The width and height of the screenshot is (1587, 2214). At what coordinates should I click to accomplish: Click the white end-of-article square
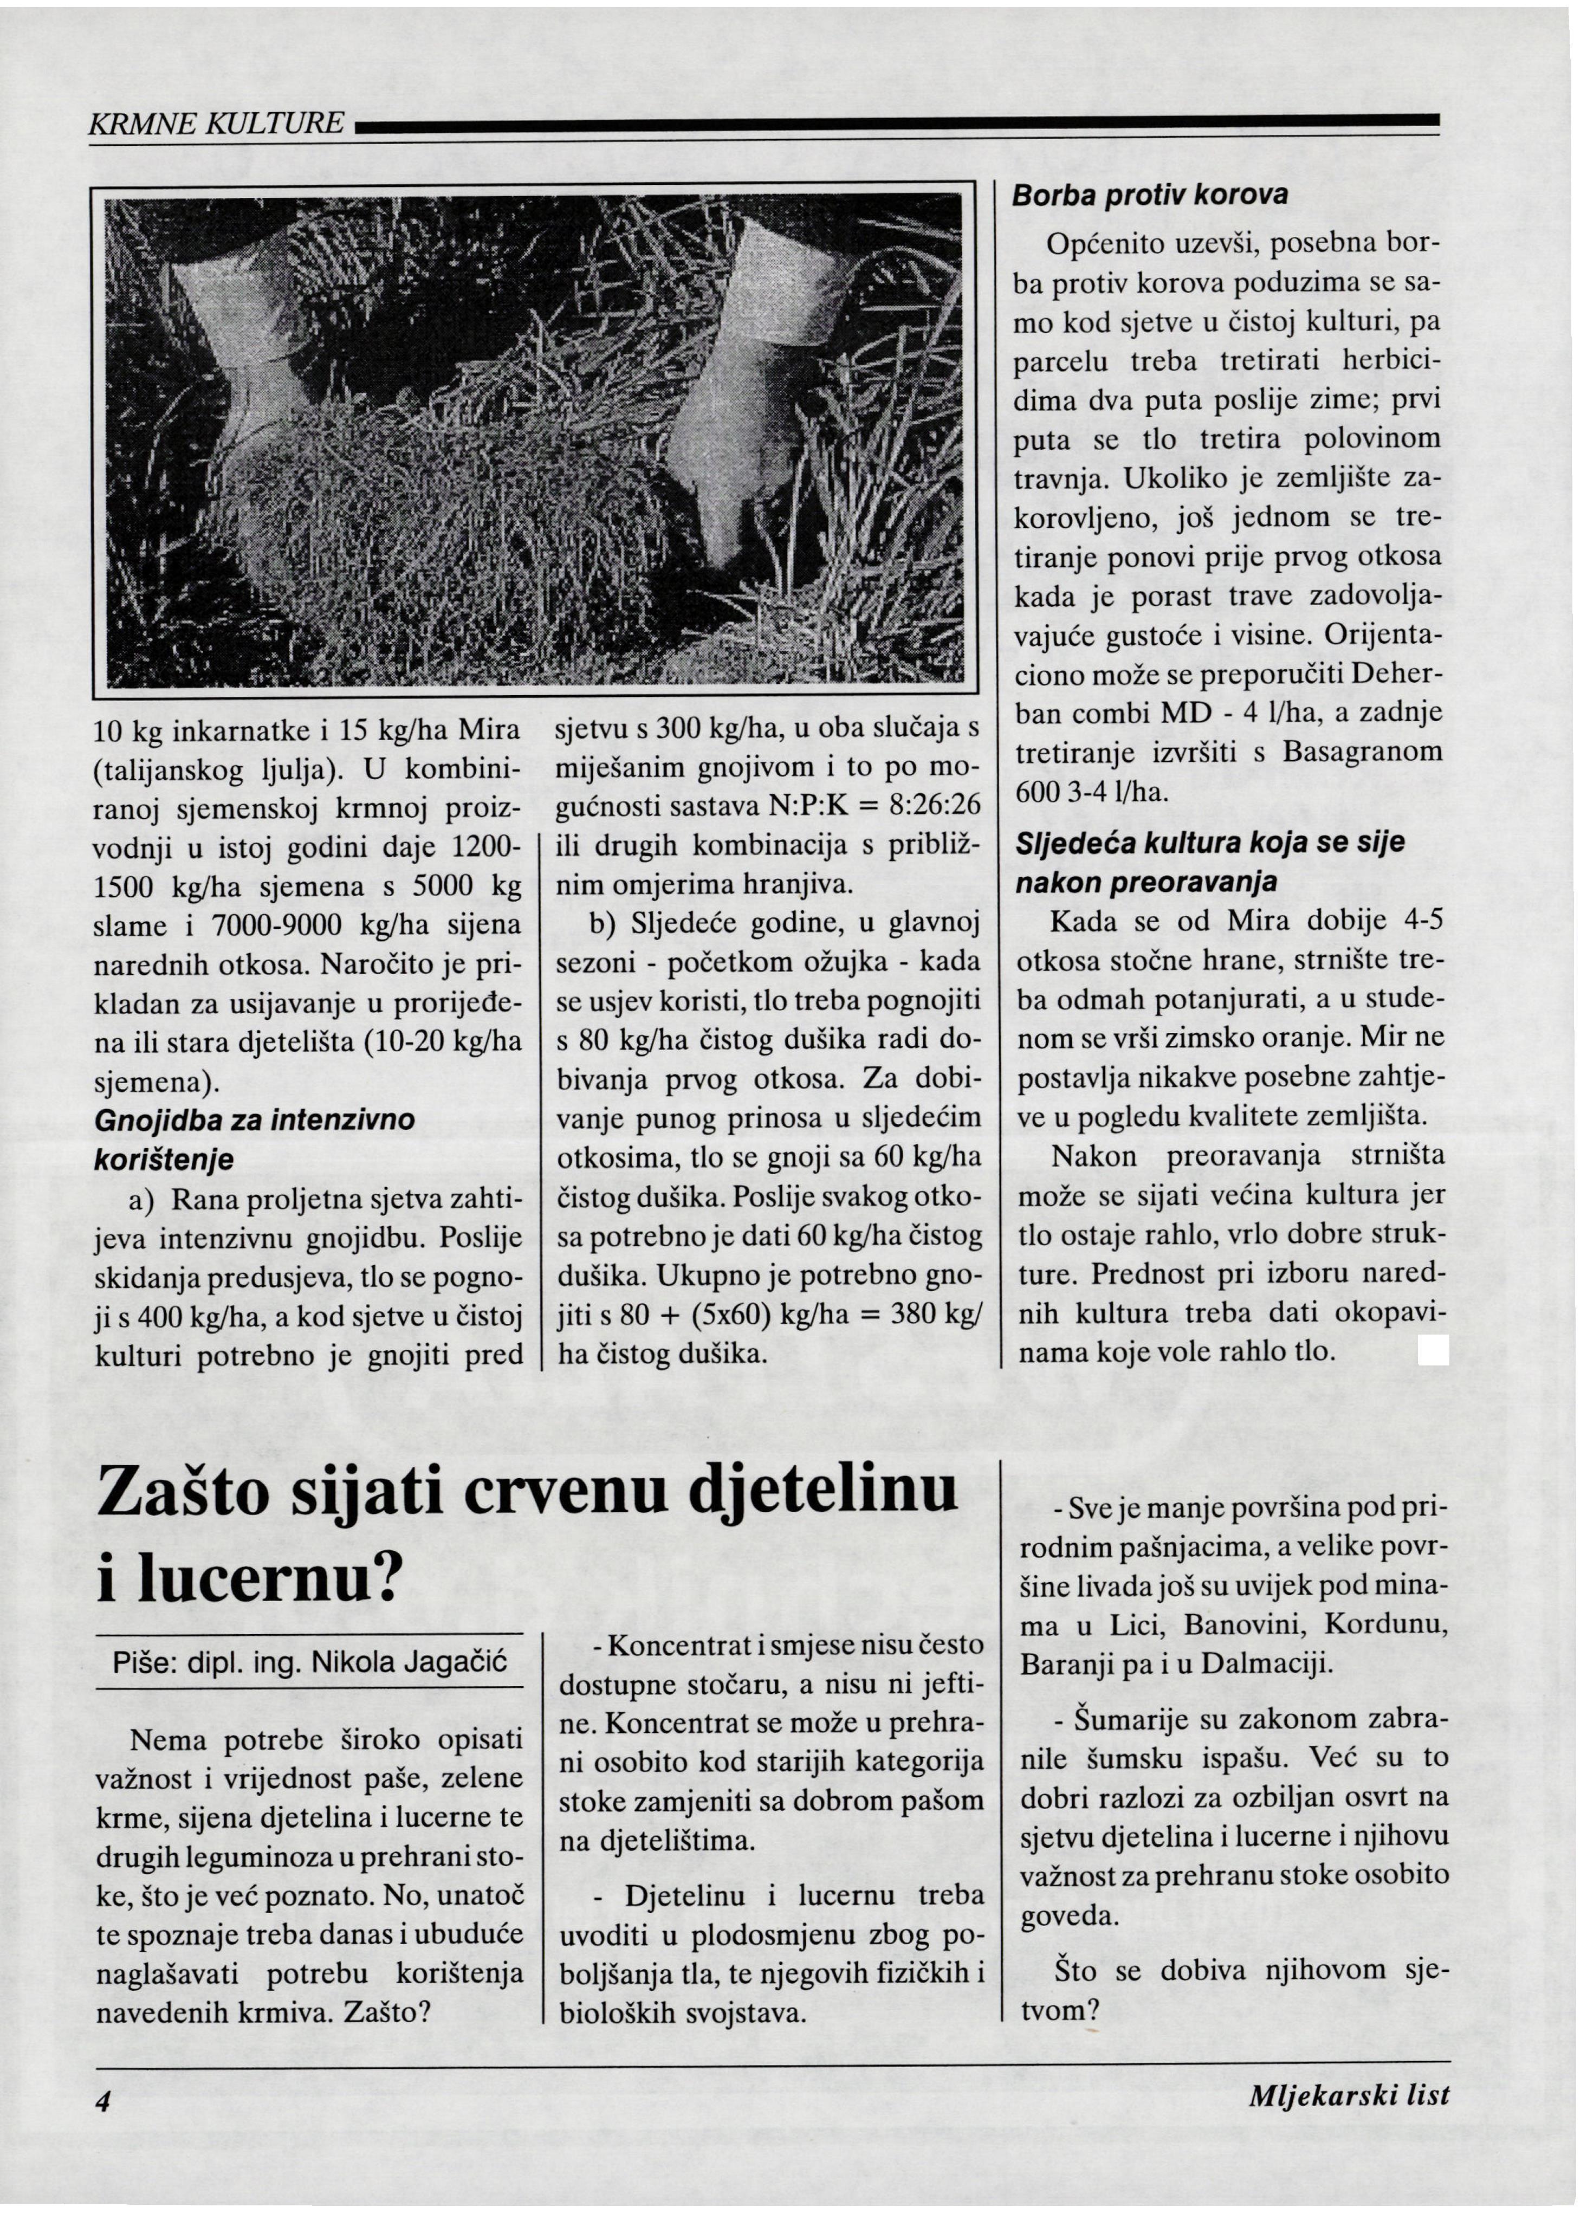1433,1351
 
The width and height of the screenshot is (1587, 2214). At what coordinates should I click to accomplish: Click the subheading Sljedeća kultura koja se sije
1210,843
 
